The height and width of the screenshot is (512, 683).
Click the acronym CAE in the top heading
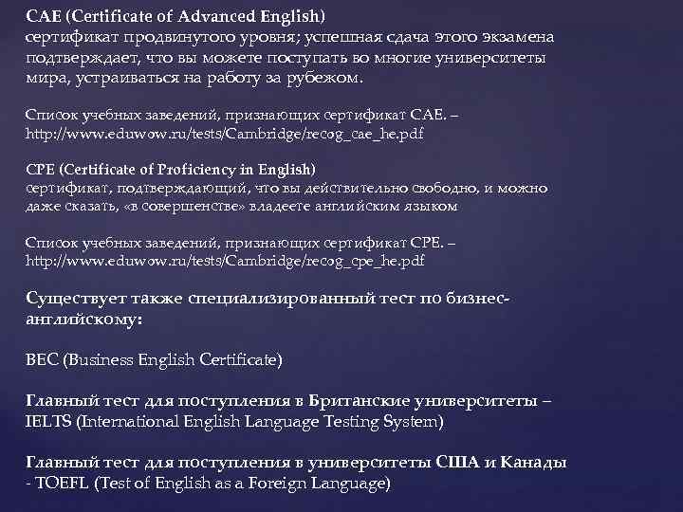43,16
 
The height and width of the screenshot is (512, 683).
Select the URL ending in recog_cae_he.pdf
224,133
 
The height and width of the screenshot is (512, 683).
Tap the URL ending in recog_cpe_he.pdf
224,259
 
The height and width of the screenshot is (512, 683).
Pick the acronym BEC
41,360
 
